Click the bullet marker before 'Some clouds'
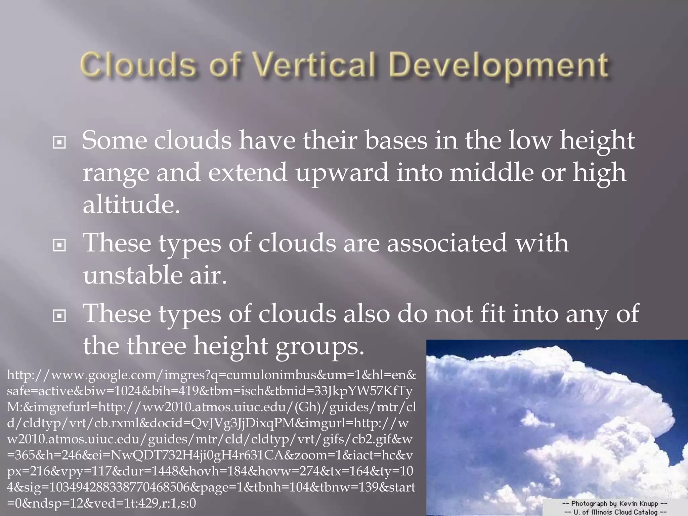pos(59,143)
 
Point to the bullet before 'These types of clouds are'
pos(59,246)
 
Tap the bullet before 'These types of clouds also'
pos(59,316)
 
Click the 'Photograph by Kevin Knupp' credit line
pos(614,503)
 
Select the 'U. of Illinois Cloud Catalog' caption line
pos(614,512)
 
